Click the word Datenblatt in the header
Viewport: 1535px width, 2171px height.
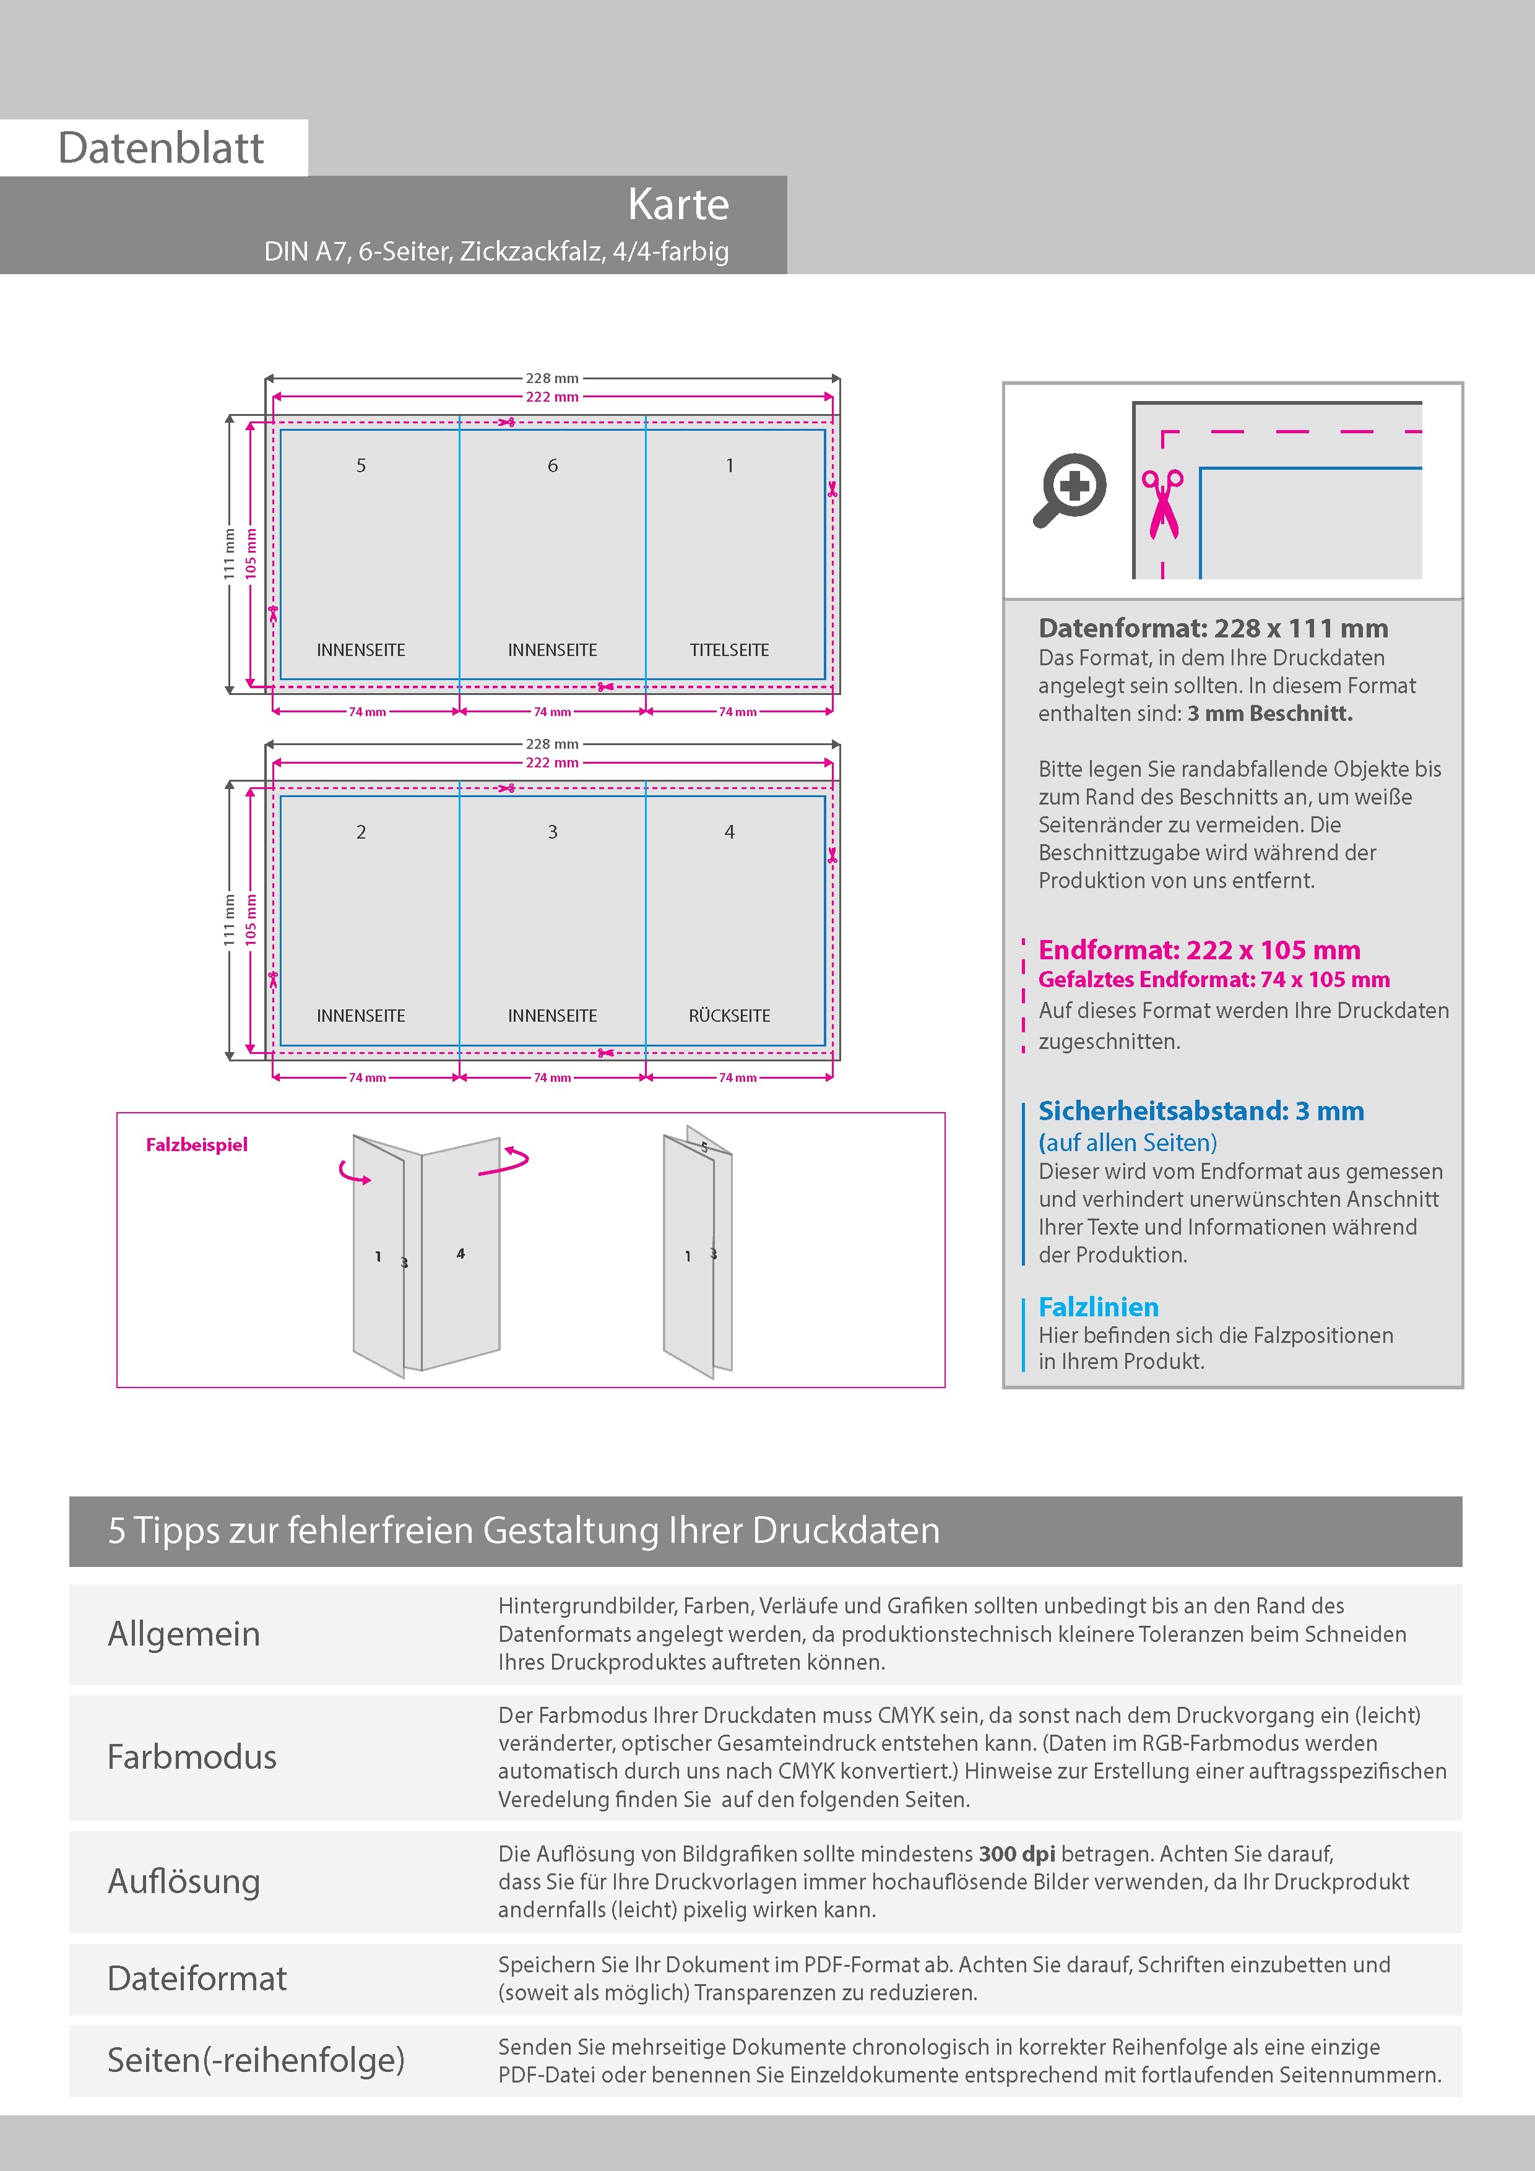coord(161,149)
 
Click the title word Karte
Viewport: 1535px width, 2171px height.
coord(678,204)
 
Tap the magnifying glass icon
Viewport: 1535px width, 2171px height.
coord(1069,490)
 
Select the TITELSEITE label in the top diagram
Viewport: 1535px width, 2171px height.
coord(729,650)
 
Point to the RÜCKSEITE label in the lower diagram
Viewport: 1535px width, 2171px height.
coord(729,1016)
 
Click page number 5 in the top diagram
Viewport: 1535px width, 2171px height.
coord(360,465)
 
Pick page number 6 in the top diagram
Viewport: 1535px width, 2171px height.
coord(552,465)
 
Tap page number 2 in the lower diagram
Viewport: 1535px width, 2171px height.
coord(360,832)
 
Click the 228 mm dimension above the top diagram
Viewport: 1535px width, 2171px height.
coord(552,378)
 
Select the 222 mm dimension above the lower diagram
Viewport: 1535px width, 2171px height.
coord(552,762)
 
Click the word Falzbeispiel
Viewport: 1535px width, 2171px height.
coord(197,1145)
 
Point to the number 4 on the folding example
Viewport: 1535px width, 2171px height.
coord(460,1254)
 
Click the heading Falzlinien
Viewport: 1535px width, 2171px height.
coord(1098,1307)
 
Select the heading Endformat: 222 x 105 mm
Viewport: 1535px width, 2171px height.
coord(1200,951)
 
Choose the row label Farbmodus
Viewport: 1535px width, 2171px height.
coord(192,1757)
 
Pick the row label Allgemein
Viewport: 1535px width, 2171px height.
coord(183,1634)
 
